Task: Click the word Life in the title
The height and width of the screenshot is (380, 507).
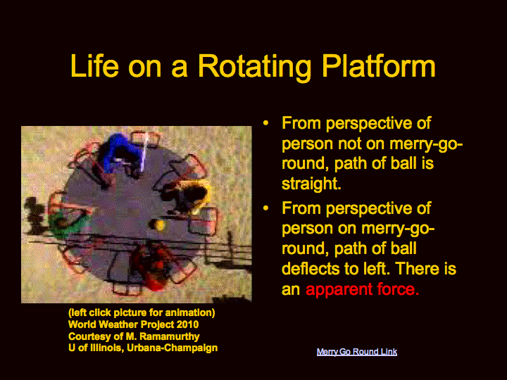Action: point(94,66)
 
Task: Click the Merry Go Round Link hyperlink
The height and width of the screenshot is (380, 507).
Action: point(356,352)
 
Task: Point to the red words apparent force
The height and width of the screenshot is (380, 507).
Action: point(362,289)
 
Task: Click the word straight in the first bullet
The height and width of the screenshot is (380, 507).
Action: point(311,184)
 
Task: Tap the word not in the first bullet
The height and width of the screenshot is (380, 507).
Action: point(349,144)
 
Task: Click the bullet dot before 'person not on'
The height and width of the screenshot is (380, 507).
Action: point(265,123)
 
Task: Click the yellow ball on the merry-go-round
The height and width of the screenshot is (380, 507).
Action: point(159,225)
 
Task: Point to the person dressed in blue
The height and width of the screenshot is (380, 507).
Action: point(119,151)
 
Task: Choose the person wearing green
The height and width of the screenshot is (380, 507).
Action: point(67,221)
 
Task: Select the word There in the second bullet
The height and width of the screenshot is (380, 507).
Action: point(418,268)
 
